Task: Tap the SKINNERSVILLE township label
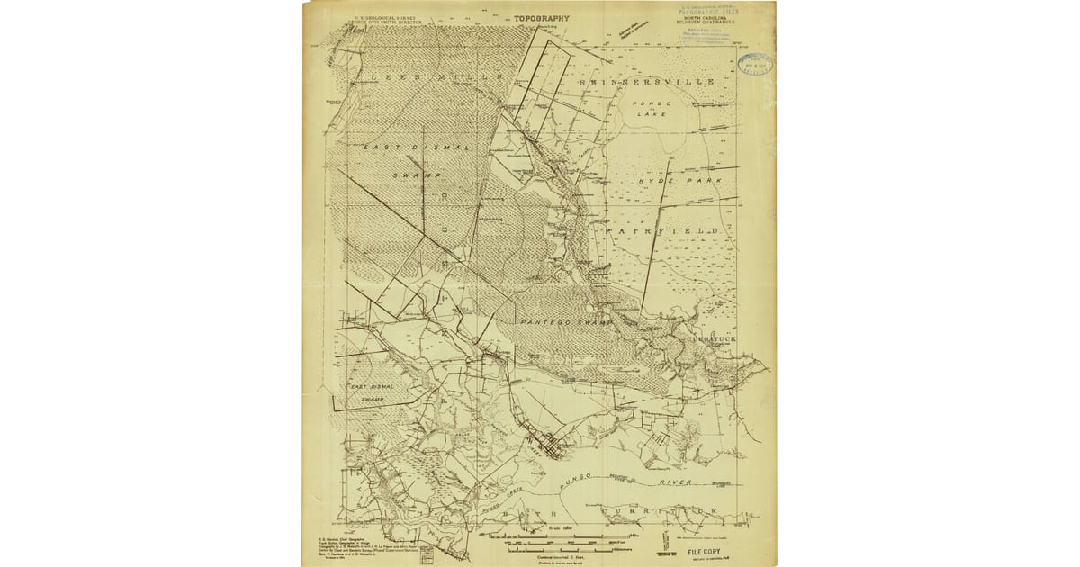tap(648, 81)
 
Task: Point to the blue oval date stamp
tap(754, 63)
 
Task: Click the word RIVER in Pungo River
tap(675, 483)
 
